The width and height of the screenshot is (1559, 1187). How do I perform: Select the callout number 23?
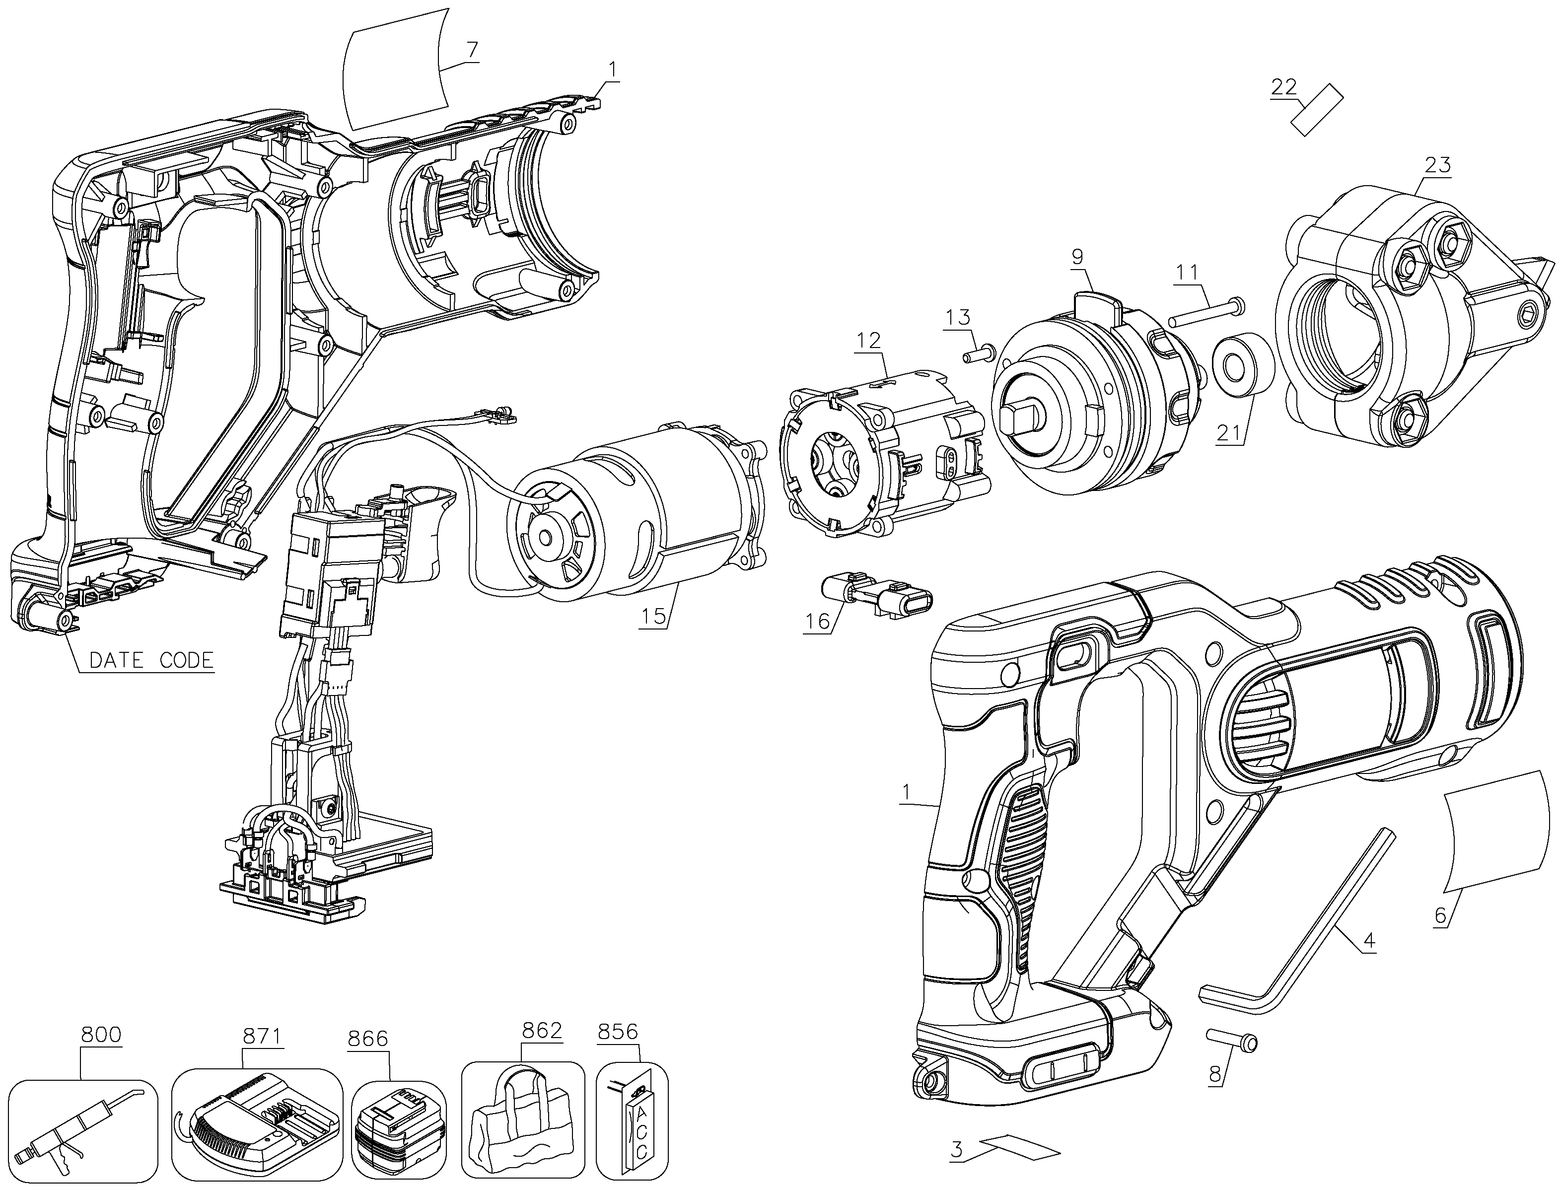(1438, 165)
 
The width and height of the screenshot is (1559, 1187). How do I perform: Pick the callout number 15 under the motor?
(654, 616)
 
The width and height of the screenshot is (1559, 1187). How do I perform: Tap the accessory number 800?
(101, 1035)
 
